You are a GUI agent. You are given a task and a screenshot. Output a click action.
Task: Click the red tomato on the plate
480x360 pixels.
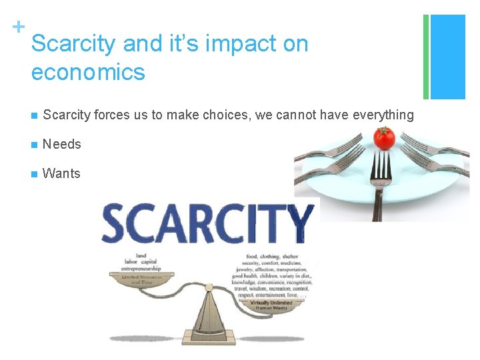pyautogui.click(x=384, y=138)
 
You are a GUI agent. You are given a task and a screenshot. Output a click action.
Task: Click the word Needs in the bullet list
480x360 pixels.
pyautogui.click(x=61, y=144)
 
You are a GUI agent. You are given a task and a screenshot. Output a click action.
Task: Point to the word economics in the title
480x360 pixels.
pyautogui.click(x=88, y=72)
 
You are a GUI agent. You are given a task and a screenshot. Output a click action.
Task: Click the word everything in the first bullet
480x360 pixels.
pyautogui.click(x=381, y=115)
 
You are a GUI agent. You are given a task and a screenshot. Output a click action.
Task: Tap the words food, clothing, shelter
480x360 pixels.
pyautogui.click(x=272, y=256)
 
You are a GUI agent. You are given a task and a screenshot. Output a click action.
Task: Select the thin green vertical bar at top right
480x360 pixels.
pyautogui.click(x=426, y=57)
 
